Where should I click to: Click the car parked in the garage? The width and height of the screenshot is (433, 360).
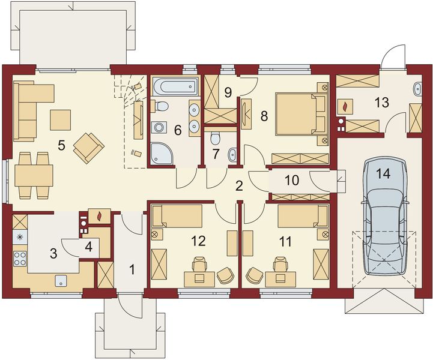coord(385,216)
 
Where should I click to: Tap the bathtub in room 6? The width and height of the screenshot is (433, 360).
coord(175,86)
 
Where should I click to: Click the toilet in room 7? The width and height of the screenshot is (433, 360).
coord(215,138)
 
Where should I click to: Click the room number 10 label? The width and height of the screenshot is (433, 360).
coord(292,181)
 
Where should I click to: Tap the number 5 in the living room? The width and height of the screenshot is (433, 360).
coord(61,145)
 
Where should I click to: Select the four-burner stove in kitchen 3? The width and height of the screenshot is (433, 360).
coord(20,259)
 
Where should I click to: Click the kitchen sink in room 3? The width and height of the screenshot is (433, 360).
coord(61,281)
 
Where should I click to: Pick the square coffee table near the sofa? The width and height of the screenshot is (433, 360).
coord(61,120)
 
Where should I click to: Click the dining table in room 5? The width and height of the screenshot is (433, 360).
coord(34,175)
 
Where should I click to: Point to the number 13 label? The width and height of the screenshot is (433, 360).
coord(382,103)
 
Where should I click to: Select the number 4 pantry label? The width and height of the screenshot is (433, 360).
coord(88,247)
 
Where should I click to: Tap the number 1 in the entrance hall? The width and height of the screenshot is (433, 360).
coord(132,269)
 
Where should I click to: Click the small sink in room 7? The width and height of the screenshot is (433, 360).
coord(232,155)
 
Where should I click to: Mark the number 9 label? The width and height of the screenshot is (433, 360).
coord(228,92)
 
